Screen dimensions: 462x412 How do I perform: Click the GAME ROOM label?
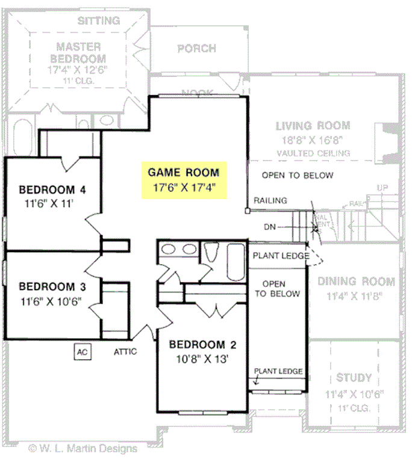184,173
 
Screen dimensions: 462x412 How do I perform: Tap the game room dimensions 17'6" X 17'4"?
184,186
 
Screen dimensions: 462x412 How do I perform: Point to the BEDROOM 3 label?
51,286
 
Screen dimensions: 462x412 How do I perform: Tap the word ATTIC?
125,351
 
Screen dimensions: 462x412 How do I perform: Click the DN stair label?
270,227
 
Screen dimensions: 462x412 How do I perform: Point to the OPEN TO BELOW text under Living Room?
298,176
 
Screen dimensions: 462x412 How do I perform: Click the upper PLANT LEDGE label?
281,256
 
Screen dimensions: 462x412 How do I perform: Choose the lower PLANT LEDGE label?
278,371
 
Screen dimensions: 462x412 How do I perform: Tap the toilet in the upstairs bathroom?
211,252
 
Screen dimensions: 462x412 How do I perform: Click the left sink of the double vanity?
169,250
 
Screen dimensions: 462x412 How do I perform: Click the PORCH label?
196,49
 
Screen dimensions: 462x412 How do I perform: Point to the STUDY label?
354,378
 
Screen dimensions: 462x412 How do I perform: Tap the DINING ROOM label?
356,282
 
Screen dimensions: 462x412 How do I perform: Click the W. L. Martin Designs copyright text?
83,448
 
